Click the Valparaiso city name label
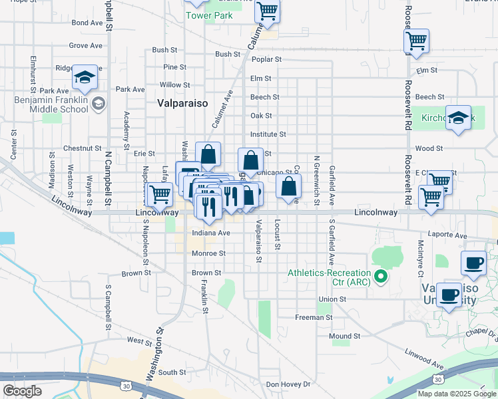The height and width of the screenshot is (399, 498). coord(182,103)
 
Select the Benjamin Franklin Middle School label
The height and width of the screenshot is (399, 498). coord(51,104)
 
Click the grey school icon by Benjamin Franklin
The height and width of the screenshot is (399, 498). coord(99,103)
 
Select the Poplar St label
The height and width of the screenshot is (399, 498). coord(266,59)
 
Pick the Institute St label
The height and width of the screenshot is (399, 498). coord(268,134)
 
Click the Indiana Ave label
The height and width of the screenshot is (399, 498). coord(210,233)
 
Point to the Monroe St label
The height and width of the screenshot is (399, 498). coord(208,253)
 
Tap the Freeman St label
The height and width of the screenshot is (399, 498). coord(314,318)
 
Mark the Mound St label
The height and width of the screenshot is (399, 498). coord(344,336)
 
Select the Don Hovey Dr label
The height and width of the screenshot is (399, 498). coord(288,384)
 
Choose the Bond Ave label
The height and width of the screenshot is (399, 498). coord(87,23)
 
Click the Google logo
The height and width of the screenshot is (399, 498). coord(22,391)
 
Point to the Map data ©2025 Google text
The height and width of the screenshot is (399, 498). coord(456,394)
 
